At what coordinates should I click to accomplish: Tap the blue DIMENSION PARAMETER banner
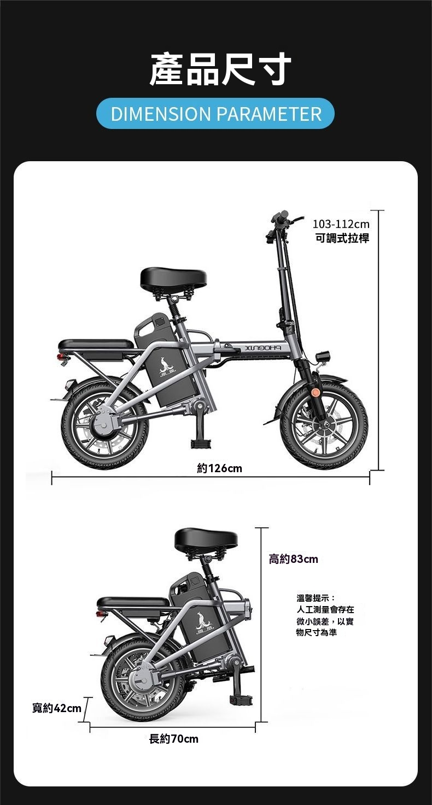coord(215,114)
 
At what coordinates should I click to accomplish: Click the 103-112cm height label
coord(341,224)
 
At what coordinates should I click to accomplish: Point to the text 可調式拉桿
coord(342,238)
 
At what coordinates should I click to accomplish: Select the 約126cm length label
coord(220,468)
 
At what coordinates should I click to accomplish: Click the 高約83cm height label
coord(294,559)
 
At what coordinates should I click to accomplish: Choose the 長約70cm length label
coord(174,739)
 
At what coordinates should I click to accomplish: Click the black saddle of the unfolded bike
coord(174,278)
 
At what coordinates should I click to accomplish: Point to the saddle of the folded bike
coord(206,540)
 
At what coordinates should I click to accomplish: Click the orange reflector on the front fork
coord(316,392)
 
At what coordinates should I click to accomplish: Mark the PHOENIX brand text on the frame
coord(263,348)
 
